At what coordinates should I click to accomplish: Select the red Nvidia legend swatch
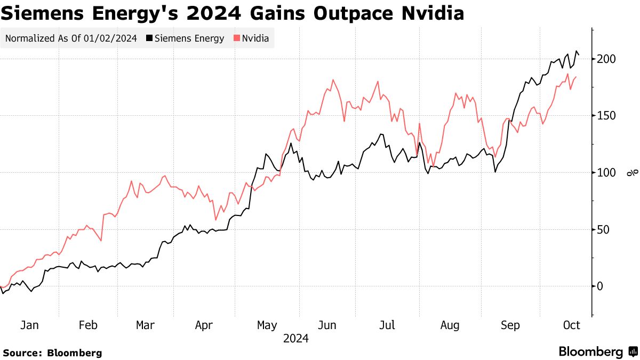[236, 38]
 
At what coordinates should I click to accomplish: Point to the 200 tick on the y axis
[606, 59]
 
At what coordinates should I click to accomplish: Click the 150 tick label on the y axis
[606, 116]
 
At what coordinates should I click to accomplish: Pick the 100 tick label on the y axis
[606, 173]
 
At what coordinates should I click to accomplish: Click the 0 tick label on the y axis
[601, 286]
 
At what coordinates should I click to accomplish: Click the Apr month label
[205, 325]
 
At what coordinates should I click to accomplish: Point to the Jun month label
[327, 325]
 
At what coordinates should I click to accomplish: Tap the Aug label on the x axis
[449, 325]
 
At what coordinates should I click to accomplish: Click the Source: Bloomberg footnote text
[52, 353]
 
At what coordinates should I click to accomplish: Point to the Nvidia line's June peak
[333, 80]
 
